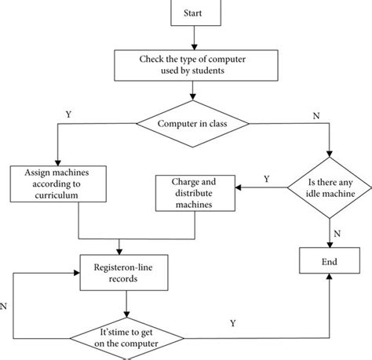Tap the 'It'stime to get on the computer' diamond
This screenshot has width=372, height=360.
tap(128, 340)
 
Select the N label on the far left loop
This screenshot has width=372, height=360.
tap(6, 304)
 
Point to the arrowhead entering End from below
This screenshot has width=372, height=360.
tap(328, 278)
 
